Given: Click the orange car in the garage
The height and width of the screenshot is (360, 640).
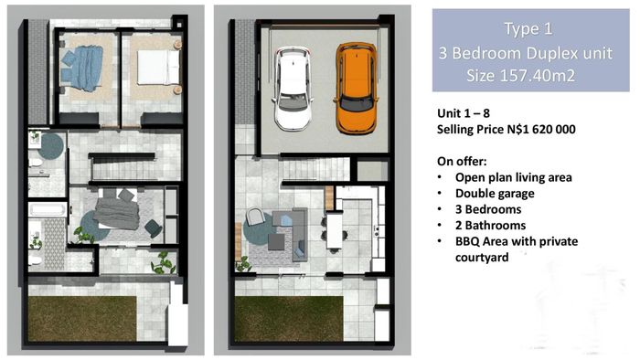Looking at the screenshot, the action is click(x=356, y=89).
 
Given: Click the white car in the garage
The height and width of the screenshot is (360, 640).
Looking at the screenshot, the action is click(x=293, y=89).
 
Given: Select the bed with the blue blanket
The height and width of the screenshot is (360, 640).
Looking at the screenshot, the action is click(x=81, y=69).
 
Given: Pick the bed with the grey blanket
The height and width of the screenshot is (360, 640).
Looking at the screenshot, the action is click(x=117, y=209).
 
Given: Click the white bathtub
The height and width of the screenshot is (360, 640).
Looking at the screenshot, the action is click(x=48, y=210).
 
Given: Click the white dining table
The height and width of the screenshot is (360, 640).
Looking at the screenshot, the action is click(x=334, y=229).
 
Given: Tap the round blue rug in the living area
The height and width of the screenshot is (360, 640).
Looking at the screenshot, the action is click(x=259, y=228).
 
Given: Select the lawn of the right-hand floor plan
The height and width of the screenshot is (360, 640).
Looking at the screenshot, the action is click(x=289, y=318).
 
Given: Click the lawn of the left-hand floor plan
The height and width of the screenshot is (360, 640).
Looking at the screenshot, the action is click(x=82, y=318).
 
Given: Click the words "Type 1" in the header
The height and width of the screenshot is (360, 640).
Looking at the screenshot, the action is click(x=528, y=29).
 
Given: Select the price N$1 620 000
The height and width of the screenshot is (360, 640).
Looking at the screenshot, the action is click(x=541, y=129).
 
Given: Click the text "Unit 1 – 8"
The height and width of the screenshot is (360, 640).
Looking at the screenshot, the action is click(x=464, y=113).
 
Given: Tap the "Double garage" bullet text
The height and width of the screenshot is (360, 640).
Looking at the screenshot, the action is click(x=495, y=194).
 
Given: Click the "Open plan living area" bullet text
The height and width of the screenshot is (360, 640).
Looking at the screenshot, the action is click(x=514, y=177).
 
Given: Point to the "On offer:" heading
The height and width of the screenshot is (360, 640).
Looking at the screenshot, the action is click(x=462, y=162).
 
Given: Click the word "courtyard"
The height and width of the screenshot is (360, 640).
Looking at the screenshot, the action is click(x=482, y=258).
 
